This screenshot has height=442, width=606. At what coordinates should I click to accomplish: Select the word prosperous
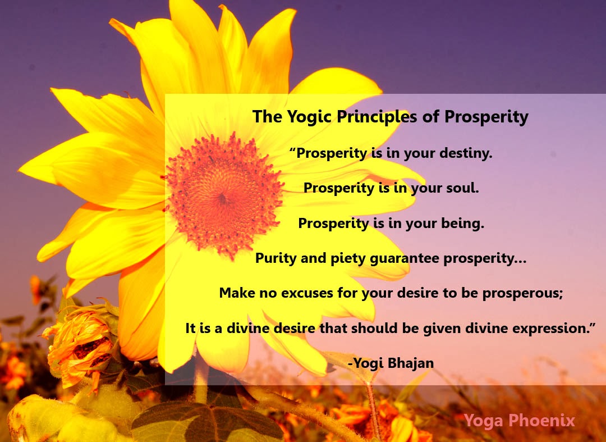click(522, 294)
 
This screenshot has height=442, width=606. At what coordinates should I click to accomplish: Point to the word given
click(442, 329)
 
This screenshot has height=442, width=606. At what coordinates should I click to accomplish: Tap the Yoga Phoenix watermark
click(520, 420)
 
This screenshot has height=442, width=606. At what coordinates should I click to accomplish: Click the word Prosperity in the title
click(486, 117)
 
